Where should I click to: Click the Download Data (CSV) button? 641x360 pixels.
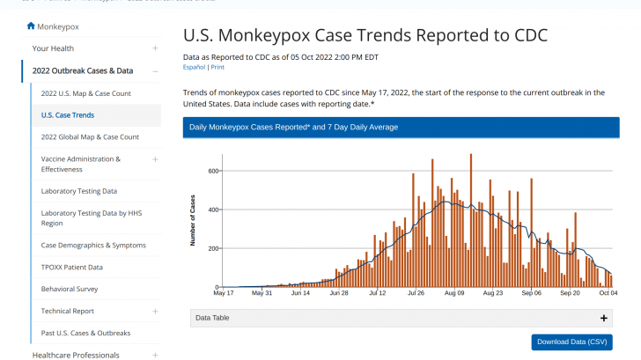coord(571,342)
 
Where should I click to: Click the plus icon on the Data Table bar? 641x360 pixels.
coord(604,318)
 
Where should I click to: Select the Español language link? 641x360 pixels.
coord(194,67)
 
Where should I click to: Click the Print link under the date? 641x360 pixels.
coord(217,67)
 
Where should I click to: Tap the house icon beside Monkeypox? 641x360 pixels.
coord(31,26)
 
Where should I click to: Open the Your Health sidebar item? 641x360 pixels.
coord(53,48)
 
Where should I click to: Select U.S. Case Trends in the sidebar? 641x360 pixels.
coord(68,115)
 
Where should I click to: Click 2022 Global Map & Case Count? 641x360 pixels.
coord(90,137)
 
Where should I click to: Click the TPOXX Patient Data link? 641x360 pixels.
coord(72,268)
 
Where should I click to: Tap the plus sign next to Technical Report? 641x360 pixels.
coord(155,311)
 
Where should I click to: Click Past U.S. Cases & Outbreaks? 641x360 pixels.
coord(85,333)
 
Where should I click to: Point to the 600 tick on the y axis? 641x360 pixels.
coord(213,171)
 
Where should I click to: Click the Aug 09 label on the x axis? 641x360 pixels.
coord(454,294)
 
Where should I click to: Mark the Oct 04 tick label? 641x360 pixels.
coord(608,294)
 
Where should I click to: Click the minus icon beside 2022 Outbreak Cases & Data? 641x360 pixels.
coord(155,71)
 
